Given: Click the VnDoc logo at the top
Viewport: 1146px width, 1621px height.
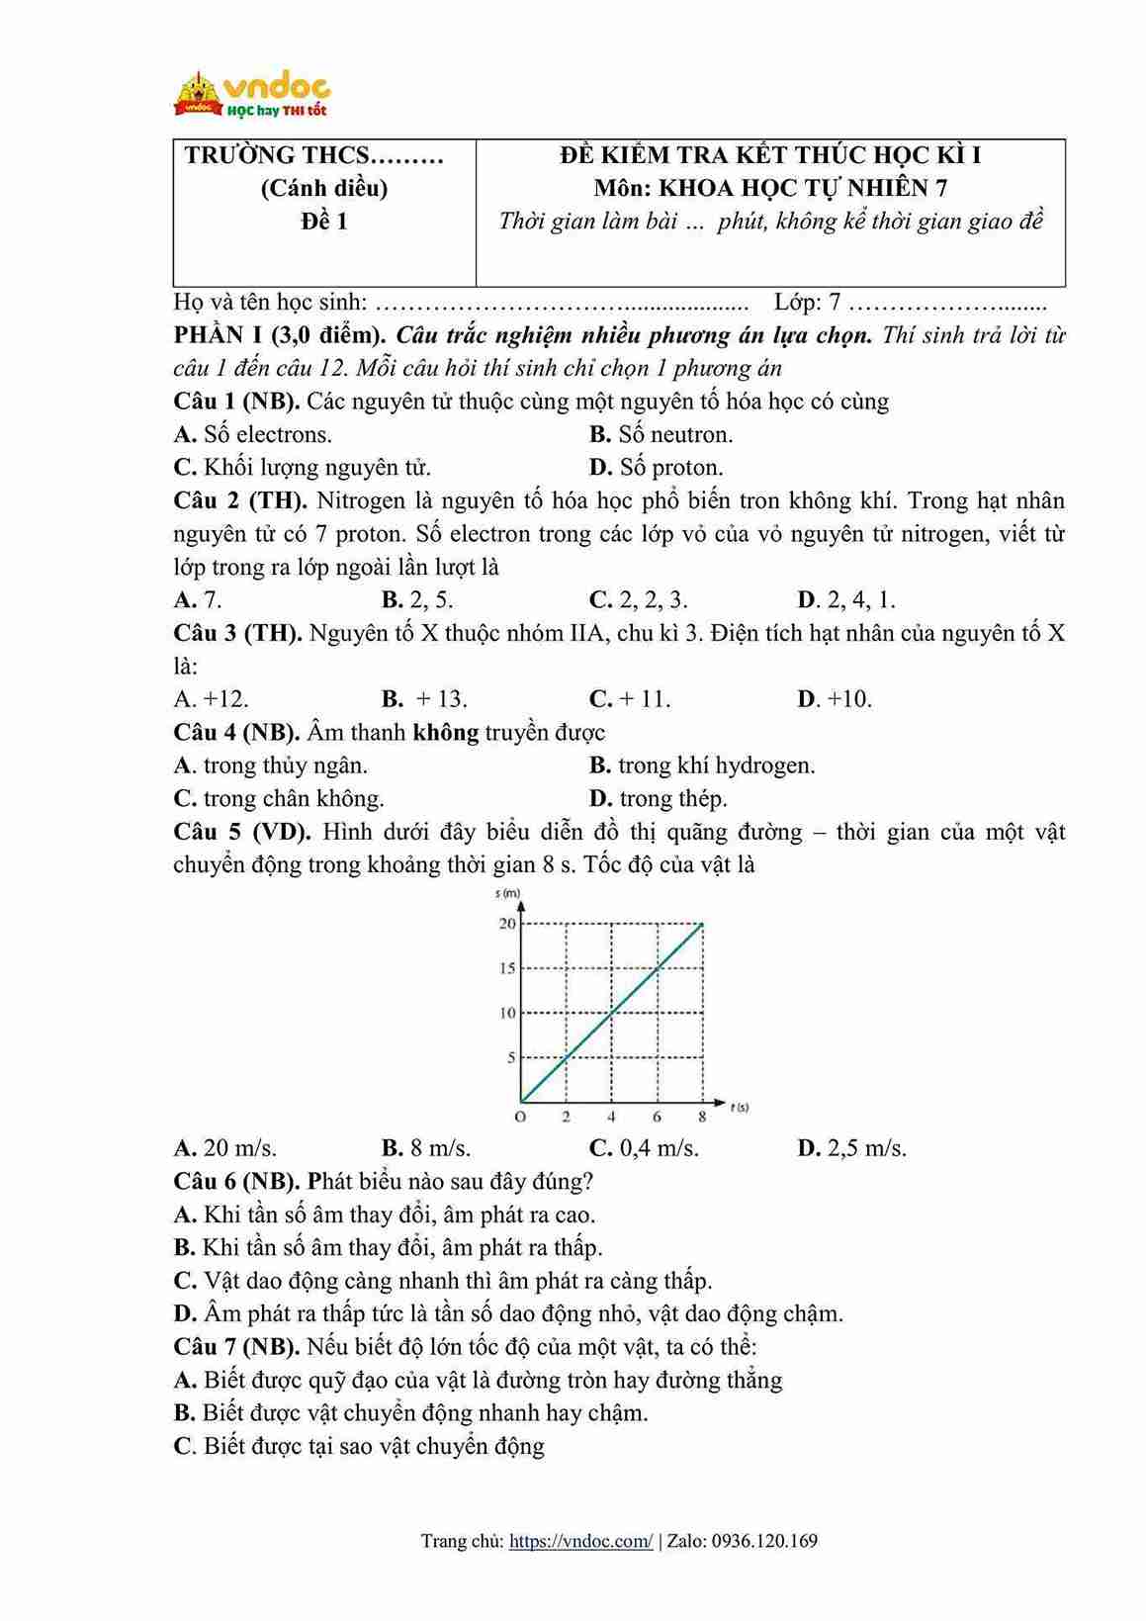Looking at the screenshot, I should (x=251, y=95).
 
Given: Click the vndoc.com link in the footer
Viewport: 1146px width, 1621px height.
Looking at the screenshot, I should (x=580, y=1540).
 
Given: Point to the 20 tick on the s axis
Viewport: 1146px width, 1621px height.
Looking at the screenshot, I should (x=507, y=924).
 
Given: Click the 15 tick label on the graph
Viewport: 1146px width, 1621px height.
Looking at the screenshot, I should (x=507, y=968).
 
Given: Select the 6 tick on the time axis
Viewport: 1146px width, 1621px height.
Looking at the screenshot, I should (x=657, y=1117).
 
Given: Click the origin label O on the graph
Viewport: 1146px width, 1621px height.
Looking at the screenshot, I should (x=520, y=1117).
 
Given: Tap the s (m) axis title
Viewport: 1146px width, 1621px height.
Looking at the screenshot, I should (x=508, y=893).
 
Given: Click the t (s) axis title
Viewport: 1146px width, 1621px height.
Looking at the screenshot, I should (x=740, y=1107).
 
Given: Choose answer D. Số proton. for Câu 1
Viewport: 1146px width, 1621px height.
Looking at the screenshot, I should (x=657, y=467).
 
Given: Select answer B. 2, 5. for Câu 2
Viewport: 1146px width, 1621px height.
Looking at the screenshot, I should (x=417, y=599).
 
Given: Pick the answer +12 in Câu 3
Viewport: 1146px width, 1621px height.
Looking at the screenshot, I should (x=212, y=699).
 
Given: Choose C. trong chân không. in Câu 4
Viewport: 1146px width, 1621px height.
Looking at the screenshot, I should (x=279, y=798).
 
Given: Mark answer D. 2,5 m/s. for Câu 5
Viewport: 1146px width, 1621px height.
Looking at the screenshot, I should (x=851, y=1148).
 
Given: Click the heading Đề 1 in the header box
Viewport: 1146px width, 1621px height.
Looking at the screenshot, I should (x=324, y=221).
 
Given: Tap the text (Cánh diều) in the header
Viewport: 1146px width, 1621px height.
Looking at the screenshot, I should (x=324, y=188).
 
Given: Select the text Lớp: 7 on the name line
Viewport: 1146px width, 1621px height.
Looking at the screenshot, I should (x=808, y=303).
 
